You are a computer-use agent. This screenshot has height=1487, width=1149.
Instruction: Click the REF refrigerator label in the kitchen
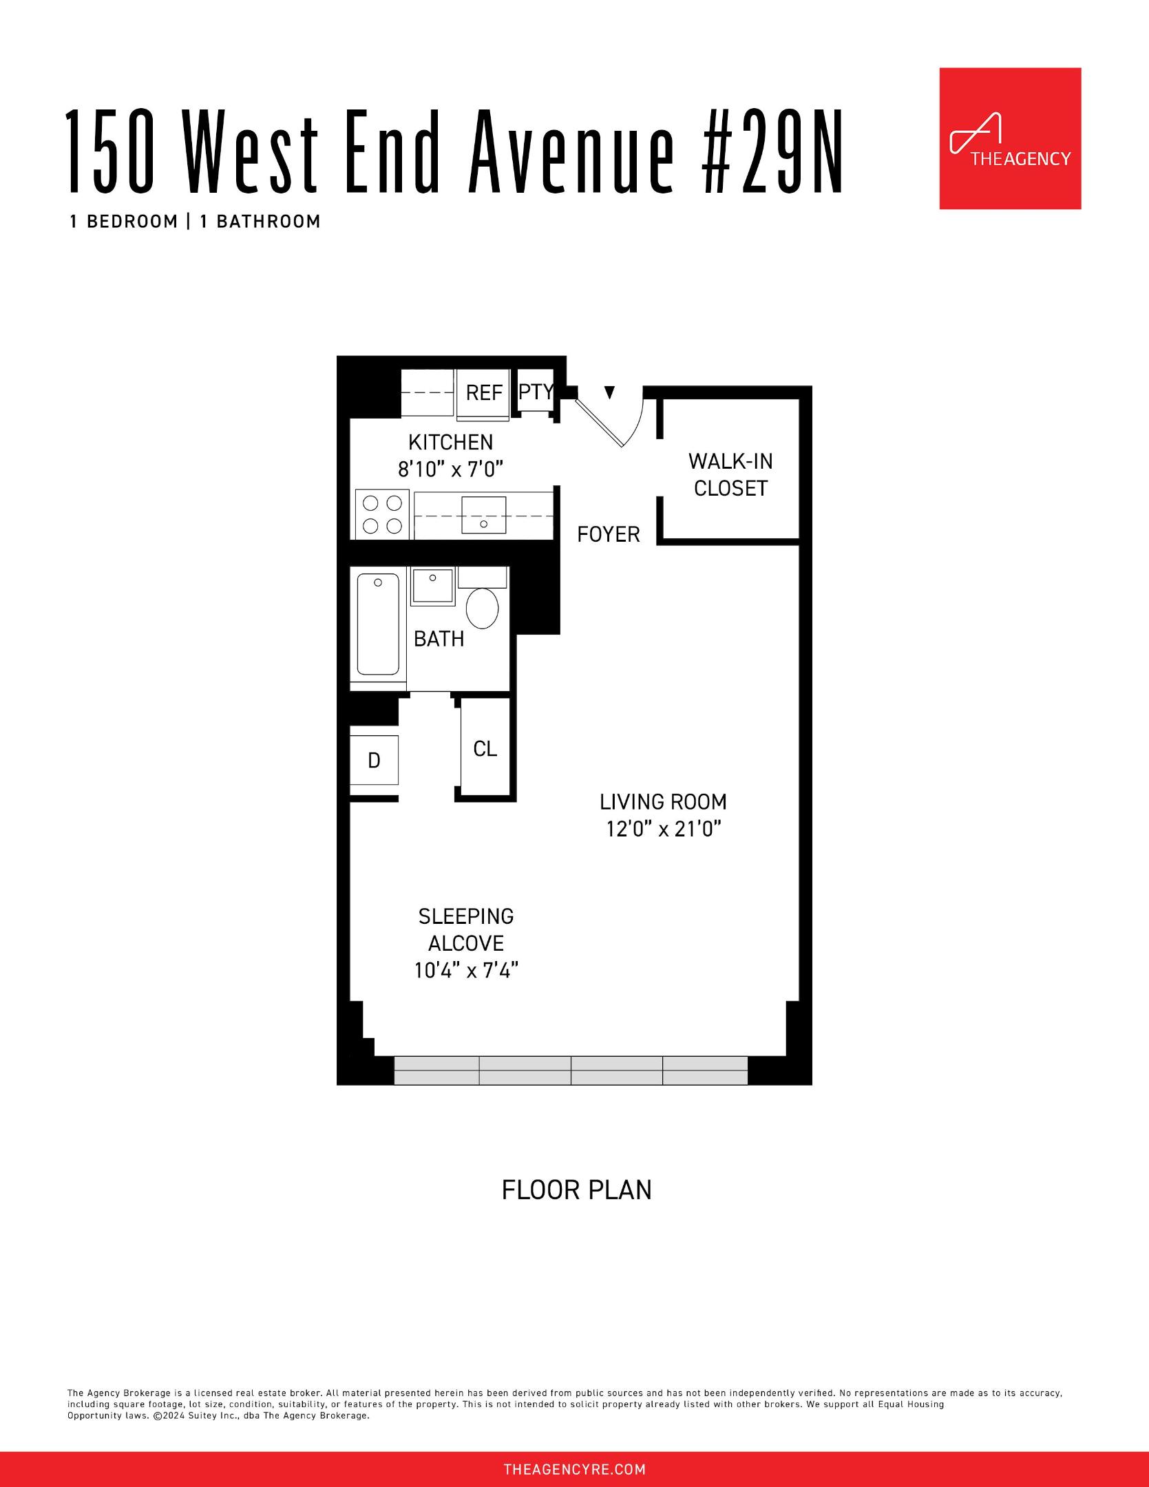pos(484,393)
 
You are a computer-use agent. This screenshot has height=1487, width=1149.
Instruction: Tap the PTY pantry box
pos(535,392)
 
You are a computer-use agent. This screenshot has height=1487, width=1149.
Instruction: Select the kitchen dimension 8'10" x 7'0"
pos(451,470)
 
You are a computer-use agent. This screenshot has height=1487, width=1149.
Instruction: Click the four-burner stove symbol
pos(383,514)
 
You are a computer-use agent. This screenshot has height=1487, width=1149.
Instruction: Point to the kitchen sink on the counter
pos(483,515)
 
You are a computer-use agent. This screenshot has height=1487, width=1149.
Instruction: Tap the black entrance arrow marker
pos(609,392)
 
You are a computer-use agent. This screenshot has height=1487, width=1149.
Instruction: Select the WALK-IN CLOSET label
pos(730,474)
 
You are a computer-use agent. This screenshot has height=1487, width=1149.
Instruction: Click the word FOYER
pos(609,534)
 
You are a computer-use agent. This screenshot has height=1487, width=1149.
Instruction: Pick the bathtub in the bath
pos(377,624)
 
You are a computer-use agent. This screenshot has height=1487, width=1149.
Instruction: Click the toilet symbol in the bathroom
pos(483,608)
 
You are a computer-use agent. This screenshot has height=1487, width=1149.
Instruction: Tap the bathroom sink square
pos(433,587)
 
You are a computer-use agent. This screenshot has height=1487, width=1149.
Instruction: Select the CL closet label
pos(485,749)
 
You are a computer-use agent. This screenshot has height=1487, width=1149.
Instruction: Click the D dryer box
pos(374,760)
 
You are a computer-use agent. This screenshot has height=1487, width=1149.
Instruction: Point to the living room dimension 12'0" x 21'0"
pos(663,829)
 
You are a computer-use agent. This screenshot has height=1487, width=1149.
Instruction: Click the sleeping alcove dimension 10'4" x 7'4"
pos(466,971)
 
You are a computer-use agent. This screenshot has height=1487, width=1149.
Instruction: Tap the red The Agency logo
pos(1010,138)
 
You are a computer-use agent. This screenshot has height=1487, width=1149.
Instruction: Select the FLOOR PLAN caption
pos(576,1190)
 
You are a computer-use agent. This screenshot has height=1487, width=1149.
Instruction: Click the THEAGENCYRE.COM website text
pos(575,1470)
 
